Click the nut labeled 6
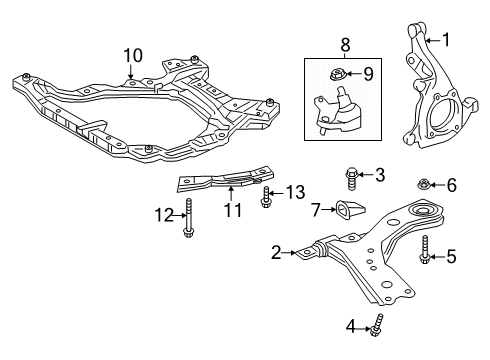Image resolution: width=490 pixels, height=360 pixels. (x=424, y=185)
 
